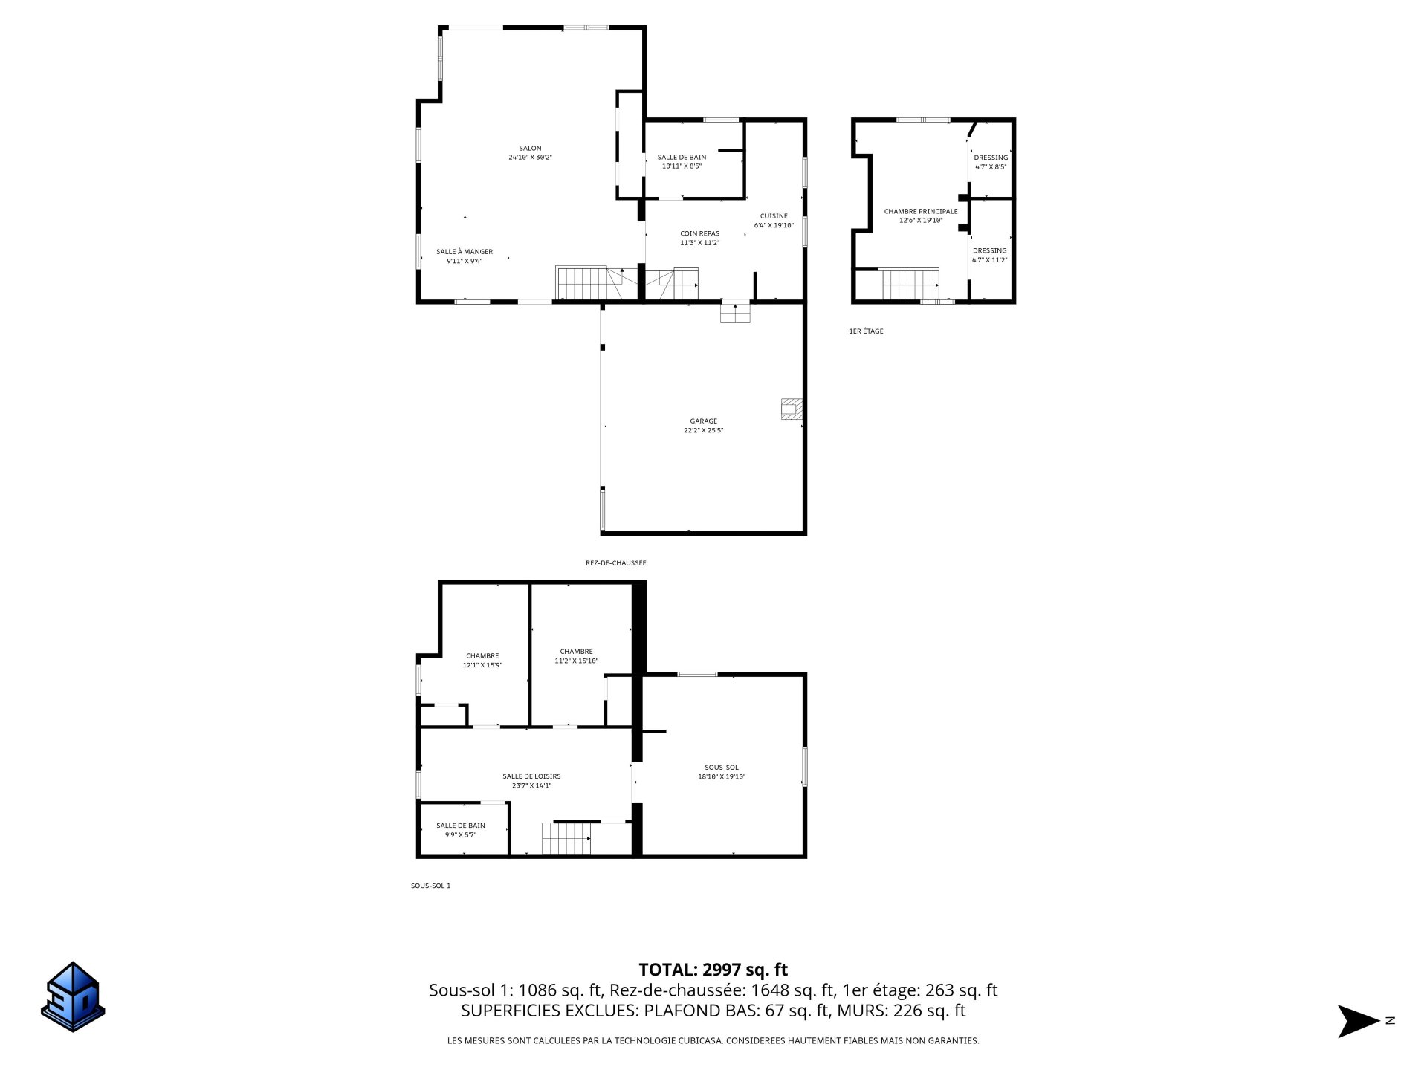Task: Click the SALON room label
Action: click(x=530, y=148)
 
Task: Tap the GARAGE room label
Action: click(x=703, y=421)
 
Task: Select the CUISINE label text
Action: click(x=774, y=215)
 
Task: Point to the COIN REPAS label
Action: click(x=699, y=233)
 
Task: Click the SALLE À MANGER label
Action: click(x=464, y=251)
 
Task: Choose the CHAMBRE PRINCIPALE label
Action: click(x=920, y=211)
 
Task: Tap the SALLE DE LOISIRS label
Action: click(x=531, y=776)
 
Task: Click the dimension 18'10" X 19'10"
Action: click(x=721, y=776)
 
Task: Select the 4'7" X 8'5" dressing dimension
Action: click(x=991, y=166)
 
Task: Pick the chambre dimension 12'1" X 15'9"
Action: click(x=482, y=665)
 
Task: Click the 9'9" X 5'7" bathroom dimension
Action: click(x=460, y=834)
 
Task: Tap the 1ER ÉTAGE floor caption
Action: click(x=866, y=331)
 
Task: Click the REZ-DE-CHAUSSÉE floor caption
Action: click(x=615, y=562)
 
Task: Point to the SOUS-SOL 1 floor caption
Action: click(x=430, y=885)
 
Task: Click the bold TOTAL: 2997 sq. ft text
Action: click(x=713, y=969)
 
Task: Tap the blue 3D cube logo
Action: click(x=73, y=996)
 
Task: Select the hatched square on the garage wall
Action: click(x=792, y=409)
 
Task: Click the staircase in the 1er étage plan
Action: click(x=910, y=284)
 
